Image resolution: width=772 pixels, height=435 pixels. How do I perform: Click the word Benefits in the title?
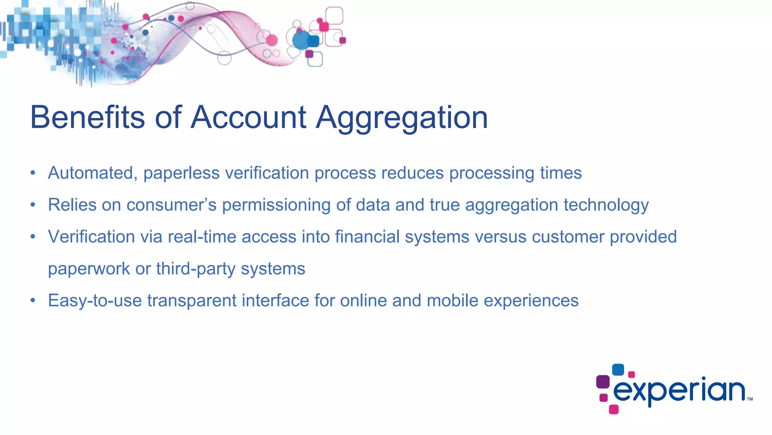pos(87,117)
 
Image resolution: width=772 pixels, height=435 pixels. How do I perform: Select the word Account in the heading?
pos(248,117)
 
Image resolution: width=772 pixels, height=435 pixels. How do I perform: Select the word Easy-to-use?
pos(95,301)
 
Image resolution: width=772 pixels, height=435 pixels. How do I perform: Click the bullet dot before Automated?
pos(33,173)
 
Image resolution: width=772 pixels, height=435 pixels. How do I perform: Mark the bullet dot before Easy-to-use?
pos(33,301)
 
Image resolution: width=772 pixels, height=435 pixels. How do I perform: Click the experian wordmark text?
pos(679,391)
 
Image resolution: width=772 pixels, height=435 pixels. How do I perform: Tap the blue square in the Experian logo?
pos(618,370)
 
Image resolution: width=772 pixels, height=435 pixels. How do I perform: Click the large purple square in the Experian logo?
pos(603,381)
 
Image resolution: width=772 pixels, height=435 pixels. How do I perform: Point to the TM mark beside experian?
pos(750,399)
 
